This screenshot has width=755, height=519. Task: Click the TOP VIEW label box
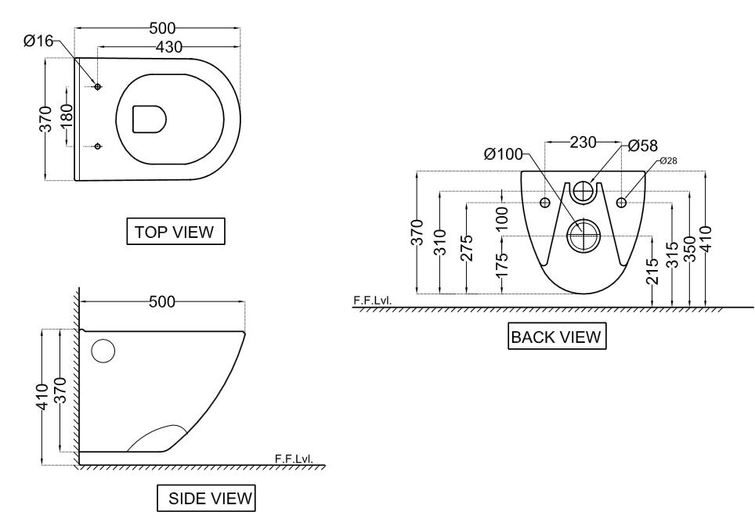(175, 232)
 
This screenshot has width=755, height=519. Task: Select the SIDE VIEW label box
(206, 498)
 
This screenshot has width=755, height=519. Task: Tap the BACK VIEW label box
(556, 337)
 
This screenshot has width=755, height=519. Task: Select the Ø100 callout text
(504, 154)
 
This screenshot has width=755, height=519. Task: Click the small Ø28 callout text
(667, 160)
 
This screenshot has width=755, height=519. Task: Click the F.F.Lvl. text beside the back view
(371, 300)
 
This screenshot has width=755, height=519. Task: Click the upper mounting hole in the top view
(98, 86)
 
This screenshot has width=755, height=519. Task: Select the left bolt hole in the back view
(545, 204)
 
